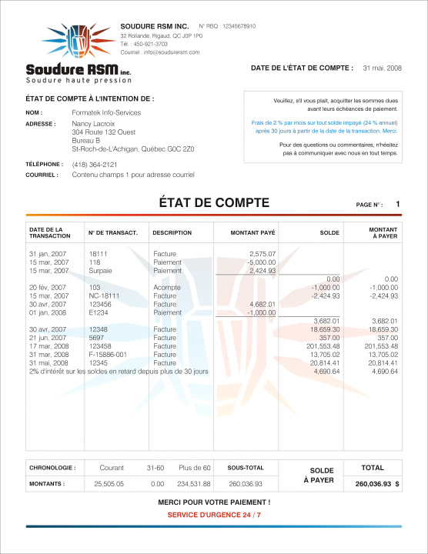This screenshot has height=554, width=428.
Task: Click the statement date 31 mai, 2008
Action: tap(382, 68)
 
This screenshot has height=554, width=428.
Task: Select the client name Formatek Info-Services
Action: tap(106, 112)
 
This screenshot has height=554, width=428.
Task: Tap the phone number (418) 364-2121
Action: tap(95, 165)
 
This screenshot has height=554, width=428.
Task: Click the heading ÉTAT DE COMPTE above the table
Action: tap(213, 203)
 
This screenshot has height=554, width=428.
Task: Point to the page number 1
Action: tap(398, 204)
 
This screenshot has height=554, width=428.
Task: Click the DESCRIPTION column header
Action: tap(172, 232)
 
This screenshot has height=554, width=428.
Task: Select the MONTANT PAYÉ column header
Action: tap(253, 232)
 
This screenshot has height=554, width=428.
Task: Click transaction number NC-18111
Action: tap(105, 295)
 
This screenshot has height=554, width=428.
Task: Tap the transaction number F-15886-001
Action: tap(109, 355)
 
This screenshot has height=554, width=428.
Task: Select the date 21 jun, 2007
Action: tap(48, 338)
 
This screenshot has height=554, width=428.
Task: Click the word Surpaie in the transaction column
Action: tap(101, 270)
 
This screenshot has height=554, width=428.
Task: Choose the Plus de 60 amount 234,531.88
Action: tap(194, 484)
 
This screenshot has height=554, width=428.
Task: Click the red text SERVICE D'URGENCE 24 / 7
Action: tap(213, 514)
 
